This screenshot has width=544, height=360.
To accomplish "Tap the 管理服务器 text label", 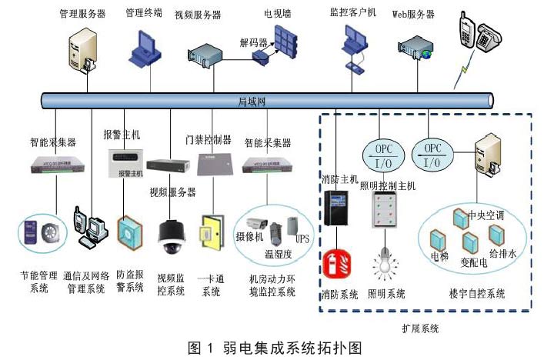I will (x=82, y=14).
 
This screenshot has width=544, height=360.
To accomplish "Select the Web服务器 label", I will (x=413, y=14).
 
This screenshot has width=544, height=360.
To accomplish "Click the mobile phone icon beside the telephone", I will (x=466, y=31).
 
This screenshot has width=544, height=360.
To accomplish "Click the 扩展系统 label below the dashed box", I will (x=420, y=328).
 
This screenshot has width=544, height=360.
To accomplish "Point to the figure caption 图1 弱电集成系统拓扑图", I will (x=272, y=348).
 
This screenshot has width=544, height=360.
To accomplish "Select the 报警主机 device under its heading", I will (x=125, y=165).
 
